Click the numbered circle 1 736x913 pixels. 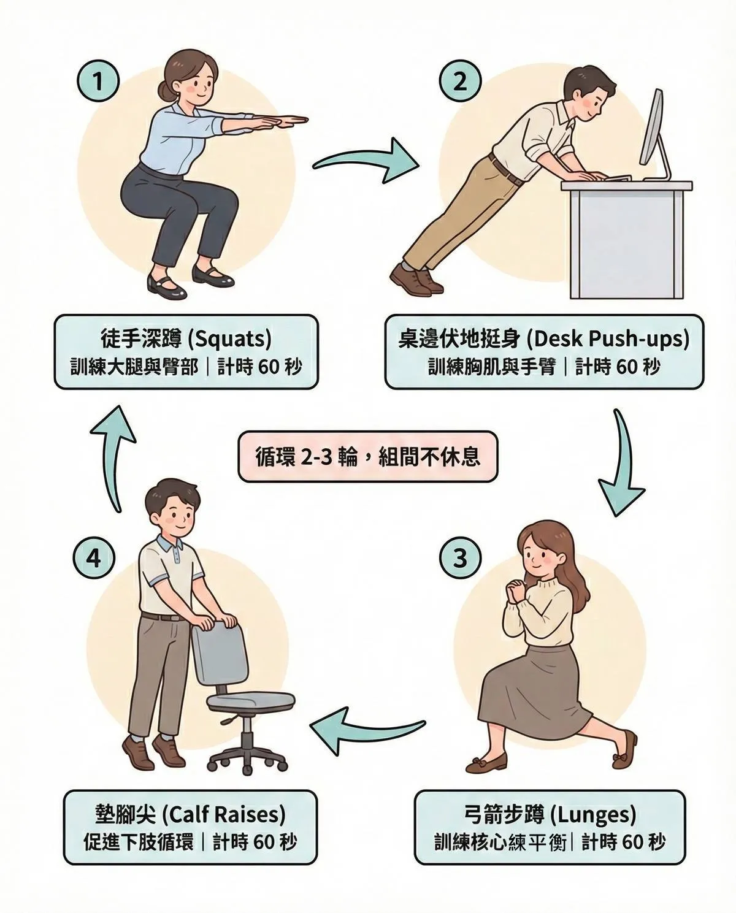[x=98, y=82]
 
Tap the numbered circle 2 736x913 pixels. [x=460, y=82]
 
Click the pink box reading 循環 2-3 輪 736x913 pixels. [x=367, y=456]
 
